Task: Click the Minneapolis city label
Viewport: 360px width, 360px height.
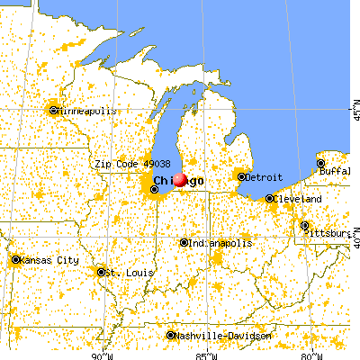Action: tap(86, 111)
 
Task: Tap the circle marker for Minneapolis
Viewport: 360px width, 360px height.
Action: tap(54, 111)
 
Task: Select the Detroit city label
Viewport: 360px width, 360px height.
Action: tap(265, 176)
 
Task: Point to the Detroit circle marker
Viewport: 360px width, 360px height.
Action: tap(241, 176)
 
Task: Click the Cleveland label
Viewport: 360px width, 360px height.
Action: tap(299, 198)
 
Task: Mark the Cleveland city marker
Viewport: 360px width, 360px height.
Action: tap(271, 198)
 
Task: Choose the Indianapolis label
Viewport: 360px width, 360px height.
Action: tap(220, 243)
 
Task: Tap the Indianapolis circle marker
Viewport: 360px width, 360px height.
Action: tap(184, 243)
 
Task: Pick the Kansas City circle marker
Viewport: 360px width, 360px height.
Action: tap(16, 260)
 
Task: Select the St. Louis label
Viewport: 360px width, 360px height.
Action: tap(120, 272)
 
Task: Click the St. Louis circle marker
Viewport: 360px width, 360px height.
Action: tap(100, 272)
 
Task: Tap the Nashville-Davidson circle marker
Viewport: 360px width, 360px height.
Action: tap(172, 336)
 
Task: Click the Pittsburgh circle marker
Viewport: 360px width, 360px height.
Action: tap(304, 225)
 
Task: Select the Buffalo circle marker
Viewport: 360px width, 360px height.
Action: tap(321, 164)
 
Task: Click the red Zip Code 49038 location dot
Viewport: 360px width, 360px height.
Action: tap(180, 180)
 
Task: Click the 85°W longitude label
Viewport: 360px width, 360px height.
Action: tap(208, 355)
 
